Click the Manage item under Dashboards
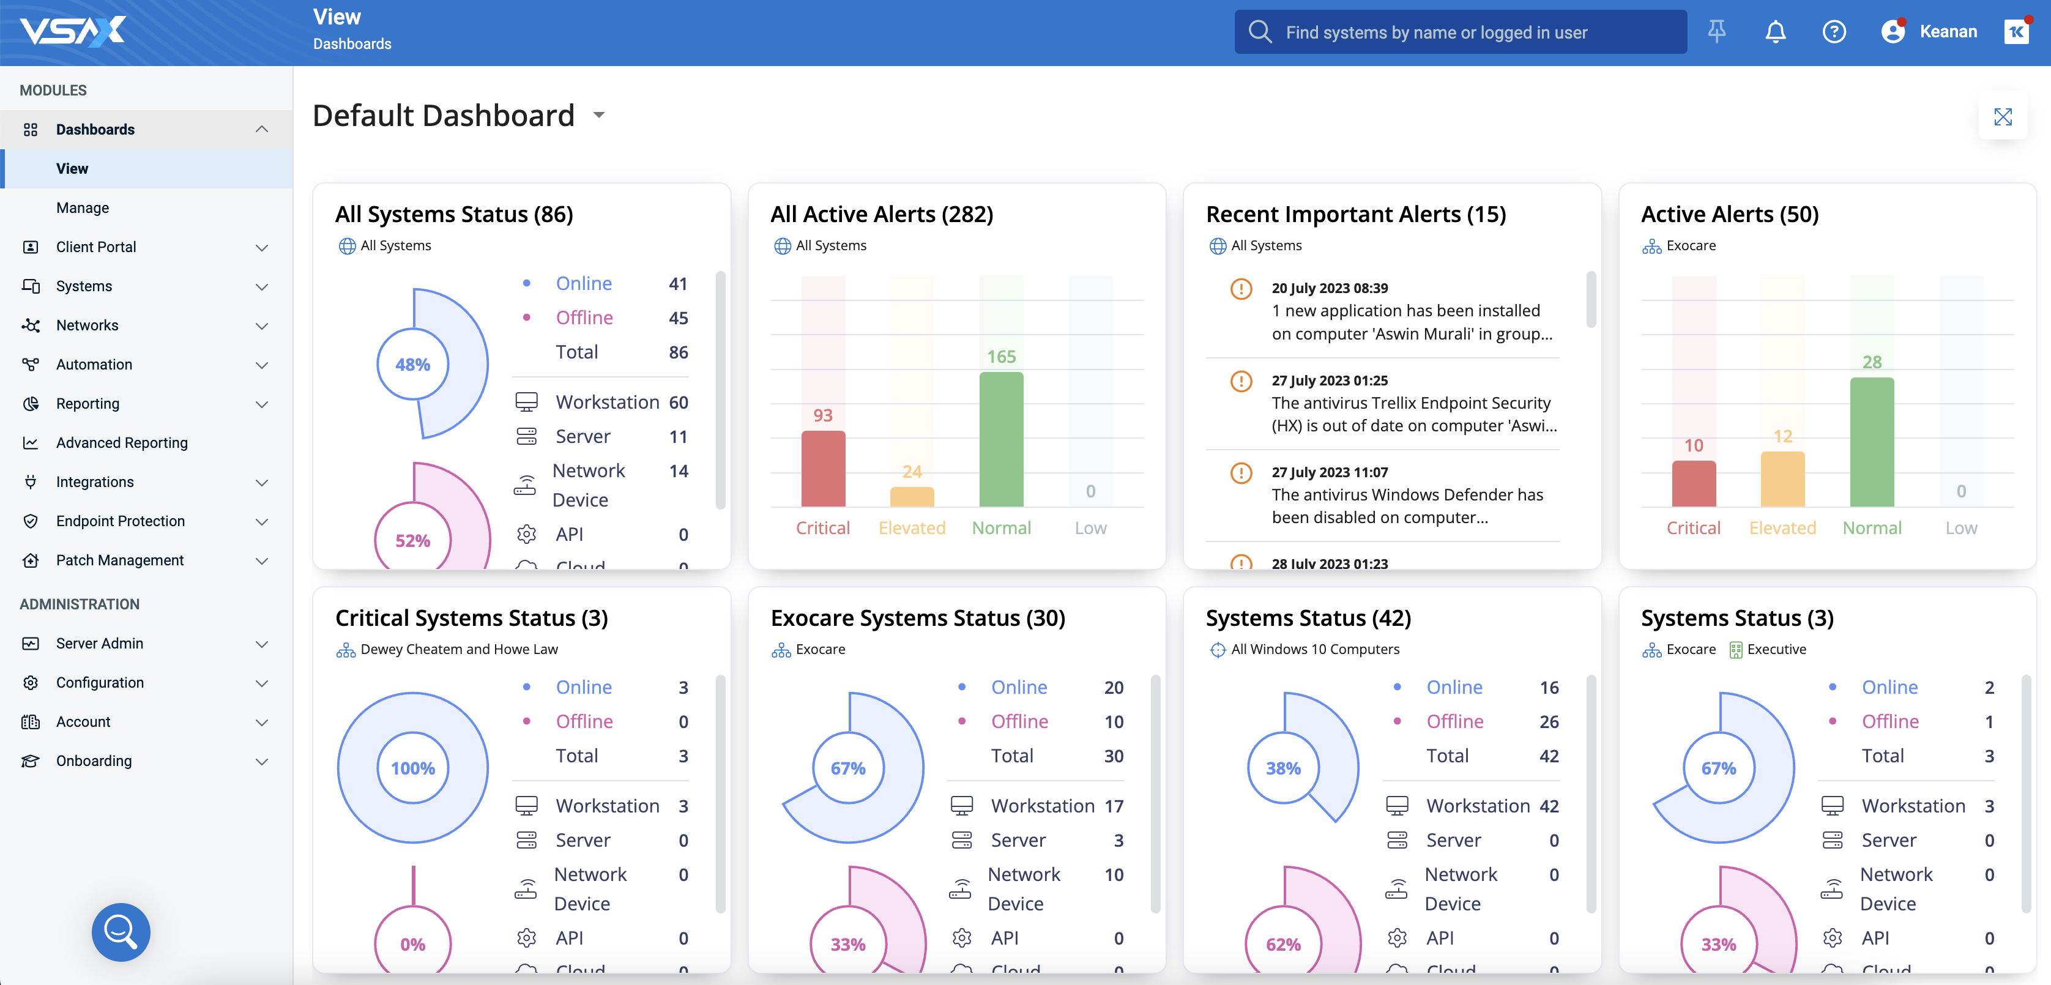coord(82,208)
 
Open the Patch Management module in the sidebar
coord(119,560)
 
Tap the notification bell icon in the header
coord(1774,32)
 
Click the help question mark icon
coord(1834,32)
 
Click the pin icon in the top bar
coord(1716,32)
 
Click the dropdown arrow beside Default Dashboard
coord(599,116)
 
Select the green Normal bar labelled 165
coord(1001,439)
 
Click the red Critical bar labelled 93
coord(822,468)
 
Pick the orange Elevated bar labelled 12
coord(1782,478)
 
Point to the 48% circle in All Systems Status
coord(412,365)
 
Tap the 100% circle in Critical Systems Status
coord(412,768)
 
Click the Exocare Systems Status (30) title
coord(917,618)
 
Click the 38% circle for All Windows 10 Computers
coord(1282,768)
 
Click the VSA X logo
coord(73,32)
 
